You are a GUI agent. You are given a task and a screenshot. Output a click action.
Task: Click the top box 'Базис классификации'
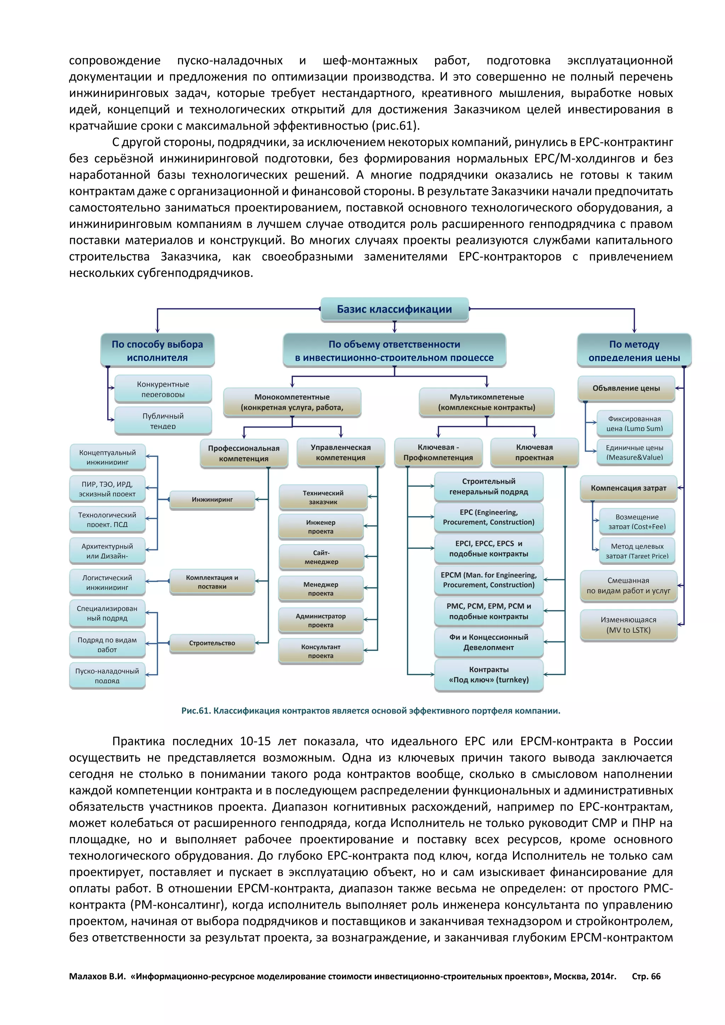tap(394, 309)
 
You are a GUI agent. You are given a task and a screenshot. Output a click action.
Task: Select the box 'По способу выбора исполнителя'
tap(157, 350)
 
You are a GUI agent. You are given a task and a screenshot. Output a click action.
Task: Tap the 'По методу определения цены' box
tap(634, 350)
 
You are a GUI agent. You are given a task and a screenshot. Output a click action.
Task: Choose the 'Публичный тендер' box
tap(163, 420)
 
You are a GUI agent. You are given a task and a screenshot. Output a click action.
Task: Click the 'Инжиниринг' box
tap(212, 499)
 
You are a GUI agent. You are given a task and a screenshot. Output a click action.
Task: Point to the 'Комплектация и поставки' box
tap(212, 582)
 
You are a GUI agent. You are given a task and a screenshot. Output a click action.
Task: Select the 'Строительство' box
tap(212, 643)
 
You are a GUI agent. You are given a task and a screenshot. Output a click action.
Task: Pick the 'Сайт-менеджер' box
tap(321, 557)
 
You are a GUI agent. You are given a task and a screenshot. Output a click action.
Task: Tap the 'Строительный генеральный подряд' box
tap(489, 486)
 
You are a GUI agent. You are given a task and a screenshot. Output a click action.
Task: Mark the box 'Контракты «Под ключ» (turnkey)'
tap(489, 674)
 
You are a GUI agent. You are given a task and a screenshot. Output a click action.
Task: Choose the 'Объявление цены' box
tap(626, 388)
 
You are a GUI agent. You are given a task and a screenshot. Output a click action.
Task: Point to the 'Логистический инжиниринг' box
tap(107, 582)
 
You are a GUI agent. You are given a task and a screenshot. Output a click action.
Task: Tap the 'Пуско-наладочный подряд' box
tap(107, 675)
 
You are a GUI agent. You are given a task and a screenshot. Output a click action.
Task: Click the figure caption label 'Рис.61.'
tap(195, 710)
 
